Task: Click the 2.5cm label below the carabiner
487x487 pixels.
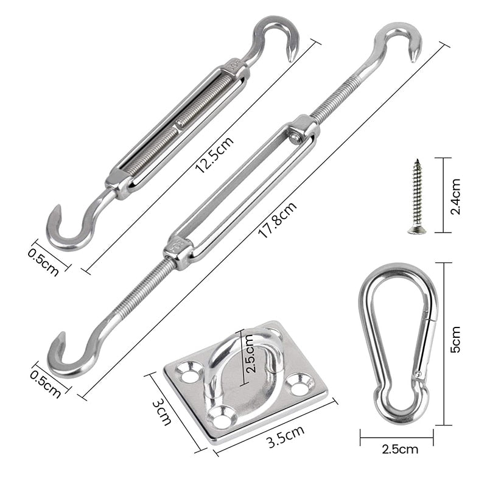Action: [399, 450]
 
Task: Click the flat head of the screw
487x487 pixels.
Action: [417, 229]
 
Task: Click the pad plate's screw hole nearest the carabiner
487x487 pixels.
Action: [300, 384]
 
